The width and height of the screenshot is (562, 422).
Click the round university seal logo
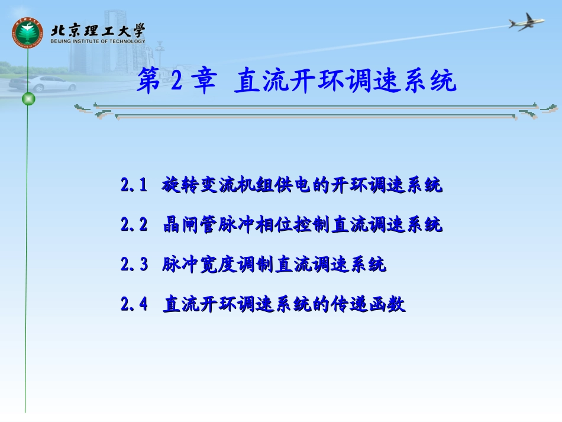click(x=28, y=33)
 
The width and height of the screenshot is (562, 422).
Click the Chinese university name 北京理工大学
click(x=98, y=30)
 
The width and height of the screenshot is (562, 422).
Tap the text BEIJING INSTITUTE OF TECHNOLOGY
click(x=98, y=41)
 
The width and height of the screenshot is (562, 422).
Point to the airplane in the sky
click(x=526, y=22)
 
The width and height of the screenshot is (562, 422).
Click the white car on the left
click(x=44, y=83)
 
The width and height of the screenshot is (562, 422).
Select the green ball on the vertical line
click(x=28, y=99)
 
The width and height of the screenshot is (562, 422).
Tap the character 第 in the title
click(x=150, y=81)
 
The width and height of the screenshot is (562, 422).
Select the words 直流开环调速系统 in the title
click(x=345, y=81)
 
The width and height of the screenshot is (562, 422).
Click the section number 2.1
click(x=134, y=186)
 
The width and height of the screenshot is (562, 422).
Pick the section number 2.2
click(x=134, y=225)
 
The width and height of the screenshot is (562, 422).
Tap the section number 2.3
click(x=134, y=265)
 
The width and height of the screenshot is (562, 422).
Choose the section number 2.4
click(x=134, y=304)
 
